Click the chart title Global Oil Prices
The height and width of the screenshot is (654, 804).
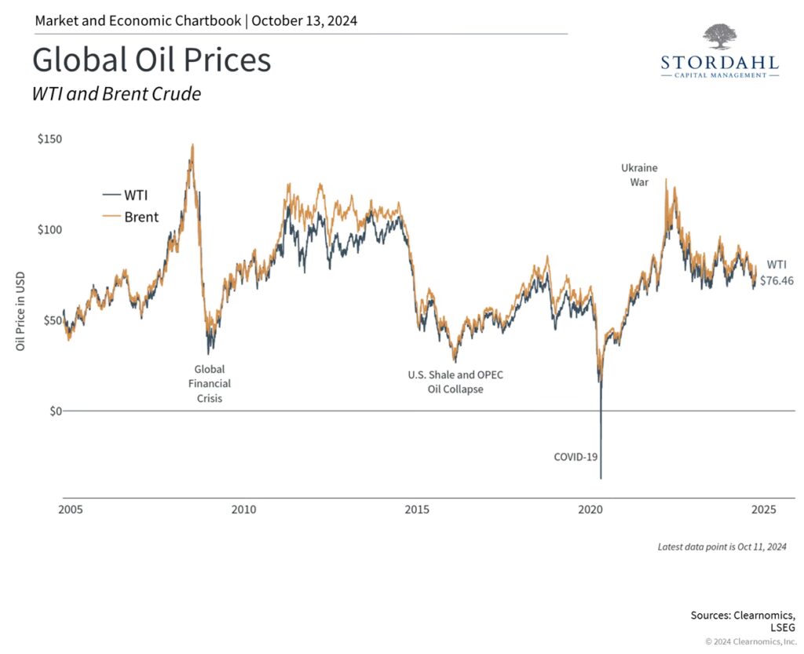click(152, 60)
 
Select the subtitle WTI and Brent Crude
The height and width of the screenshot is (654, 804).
click(116, 94)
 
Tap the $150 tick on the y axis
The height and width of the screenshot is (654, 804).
click(49, 139)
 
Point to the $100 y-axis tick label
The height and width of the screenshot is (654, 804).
click(49, 229)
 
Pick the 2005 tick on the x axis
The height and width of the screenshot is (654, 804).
click(71, 510)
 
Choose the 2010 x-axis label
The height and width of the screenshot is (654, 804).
click(243, 510)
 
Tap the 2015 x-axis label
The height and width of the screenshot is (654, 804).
click(417, 510)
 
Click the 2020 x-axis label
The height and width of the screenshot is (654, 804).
click(590, 510)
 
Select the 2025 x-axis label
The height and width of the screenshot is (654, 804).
click(762, 510)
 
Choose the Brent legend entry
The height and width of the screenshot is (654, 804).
click(131, 217)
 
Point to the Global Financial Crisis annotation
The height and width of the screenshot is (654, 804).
click(208, 383)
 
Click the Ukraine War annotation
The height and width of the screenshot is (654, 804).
click(639, 174)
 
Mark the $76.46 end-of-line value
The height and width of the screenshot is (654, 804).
click(777, 280)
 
